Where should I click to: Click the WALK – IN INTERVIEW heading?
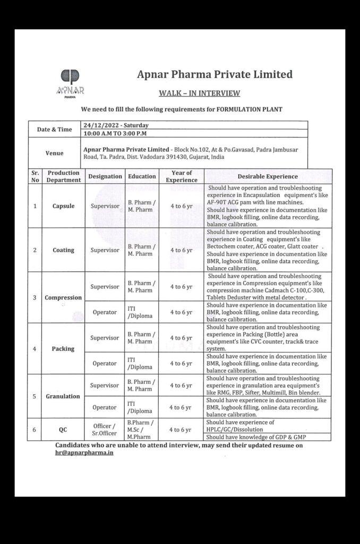point(199,93)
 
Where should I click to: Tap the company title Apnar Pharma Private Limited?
point(215,74)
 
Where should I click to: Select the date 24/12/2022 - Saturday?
point(116,125)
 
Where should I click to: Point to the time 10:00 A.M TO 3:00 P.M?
point(115,133)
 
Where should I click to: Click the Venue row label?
point(54,153)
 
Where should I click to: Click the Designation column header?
point(105,176)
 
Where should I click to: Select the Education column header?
point(142,176)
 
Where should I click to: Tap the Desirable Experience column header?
point(268,176)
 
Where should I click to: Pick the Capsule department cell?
point(63,206)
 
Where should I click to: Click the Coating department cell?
point(63,250)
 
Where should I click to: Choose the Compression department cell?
point(63,297)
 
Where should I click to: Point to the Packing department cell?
point(63,349)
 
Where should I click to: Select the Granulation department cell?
point(63,396)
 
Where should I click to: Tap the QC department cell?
point(63,429)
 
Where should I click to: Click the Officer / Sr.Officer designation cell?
point(105,429)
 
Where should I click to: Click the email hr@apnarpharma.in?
point(84,453)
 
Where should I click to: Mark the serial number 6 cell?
point(35,429)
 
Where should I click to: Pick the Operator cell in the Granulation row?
point(105,407)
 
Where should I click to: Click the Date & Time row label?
point(54,129)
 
